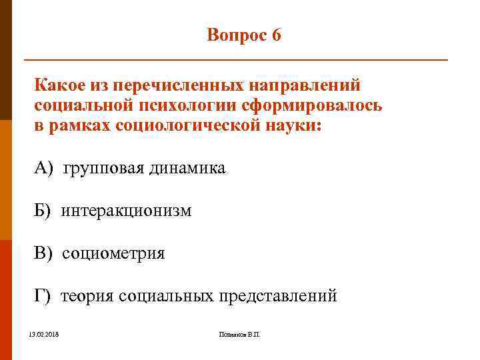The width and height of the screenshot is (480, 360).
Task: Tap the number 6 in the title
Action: tap(276, 35)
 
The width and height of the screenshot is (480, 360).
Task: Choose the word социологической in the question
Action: tap(190, 125)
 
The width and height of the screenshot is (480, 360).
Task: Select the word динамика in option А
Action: tap(187, 169)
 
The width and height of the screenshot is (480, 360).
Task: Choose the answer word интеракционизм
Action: tap(127, 211)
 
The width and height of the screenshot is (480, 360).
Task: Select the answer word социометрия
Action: tap(114, 253)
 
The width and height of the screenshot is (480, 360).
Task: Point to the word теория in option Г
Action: tap(87, 296)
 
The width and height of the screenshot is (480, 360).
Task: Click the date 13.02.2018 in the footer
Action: tap(44, 333)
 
